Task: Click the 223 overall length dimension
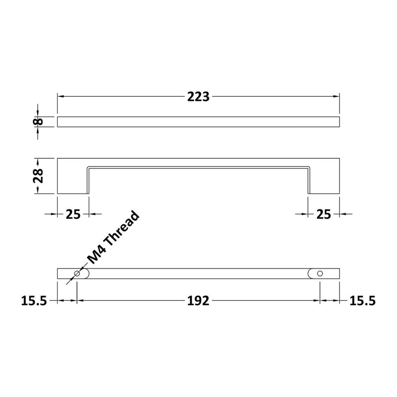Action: click(x=198, y=97)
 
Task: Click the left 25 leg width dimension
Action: click(x=73, y=214)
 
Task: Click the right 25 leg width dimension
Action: click(x=324, y=214)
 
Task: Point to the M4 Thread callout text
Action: click(x=113, y=239)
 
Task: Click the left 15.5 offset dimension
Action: click(x=34, y=301)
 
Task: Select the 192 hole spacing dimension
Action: click(x=198, y=301)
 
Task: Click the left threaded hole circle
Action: click(x=77, y=274)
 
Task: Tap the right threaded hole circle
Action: click(x=320, y=274)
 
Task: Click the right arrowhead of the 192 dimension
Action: click(x=316, y=301)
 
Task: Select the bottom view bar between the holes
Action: click(x=198, y=274)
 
